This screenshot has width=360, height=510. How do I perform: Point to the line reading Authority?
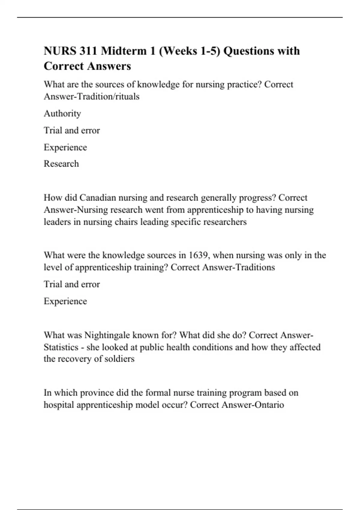[62, 113]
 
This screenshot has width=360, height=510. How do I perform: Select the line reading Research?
[61, 164]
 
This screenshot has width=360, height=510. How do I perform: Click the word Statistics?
[61, 347]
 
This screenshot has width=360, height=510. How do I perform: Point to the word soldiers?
[119, 359]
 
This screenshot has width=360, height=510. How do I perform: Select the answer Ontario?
[269, 405]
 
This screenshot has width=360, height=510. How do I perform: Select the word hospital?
[59, 405]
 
